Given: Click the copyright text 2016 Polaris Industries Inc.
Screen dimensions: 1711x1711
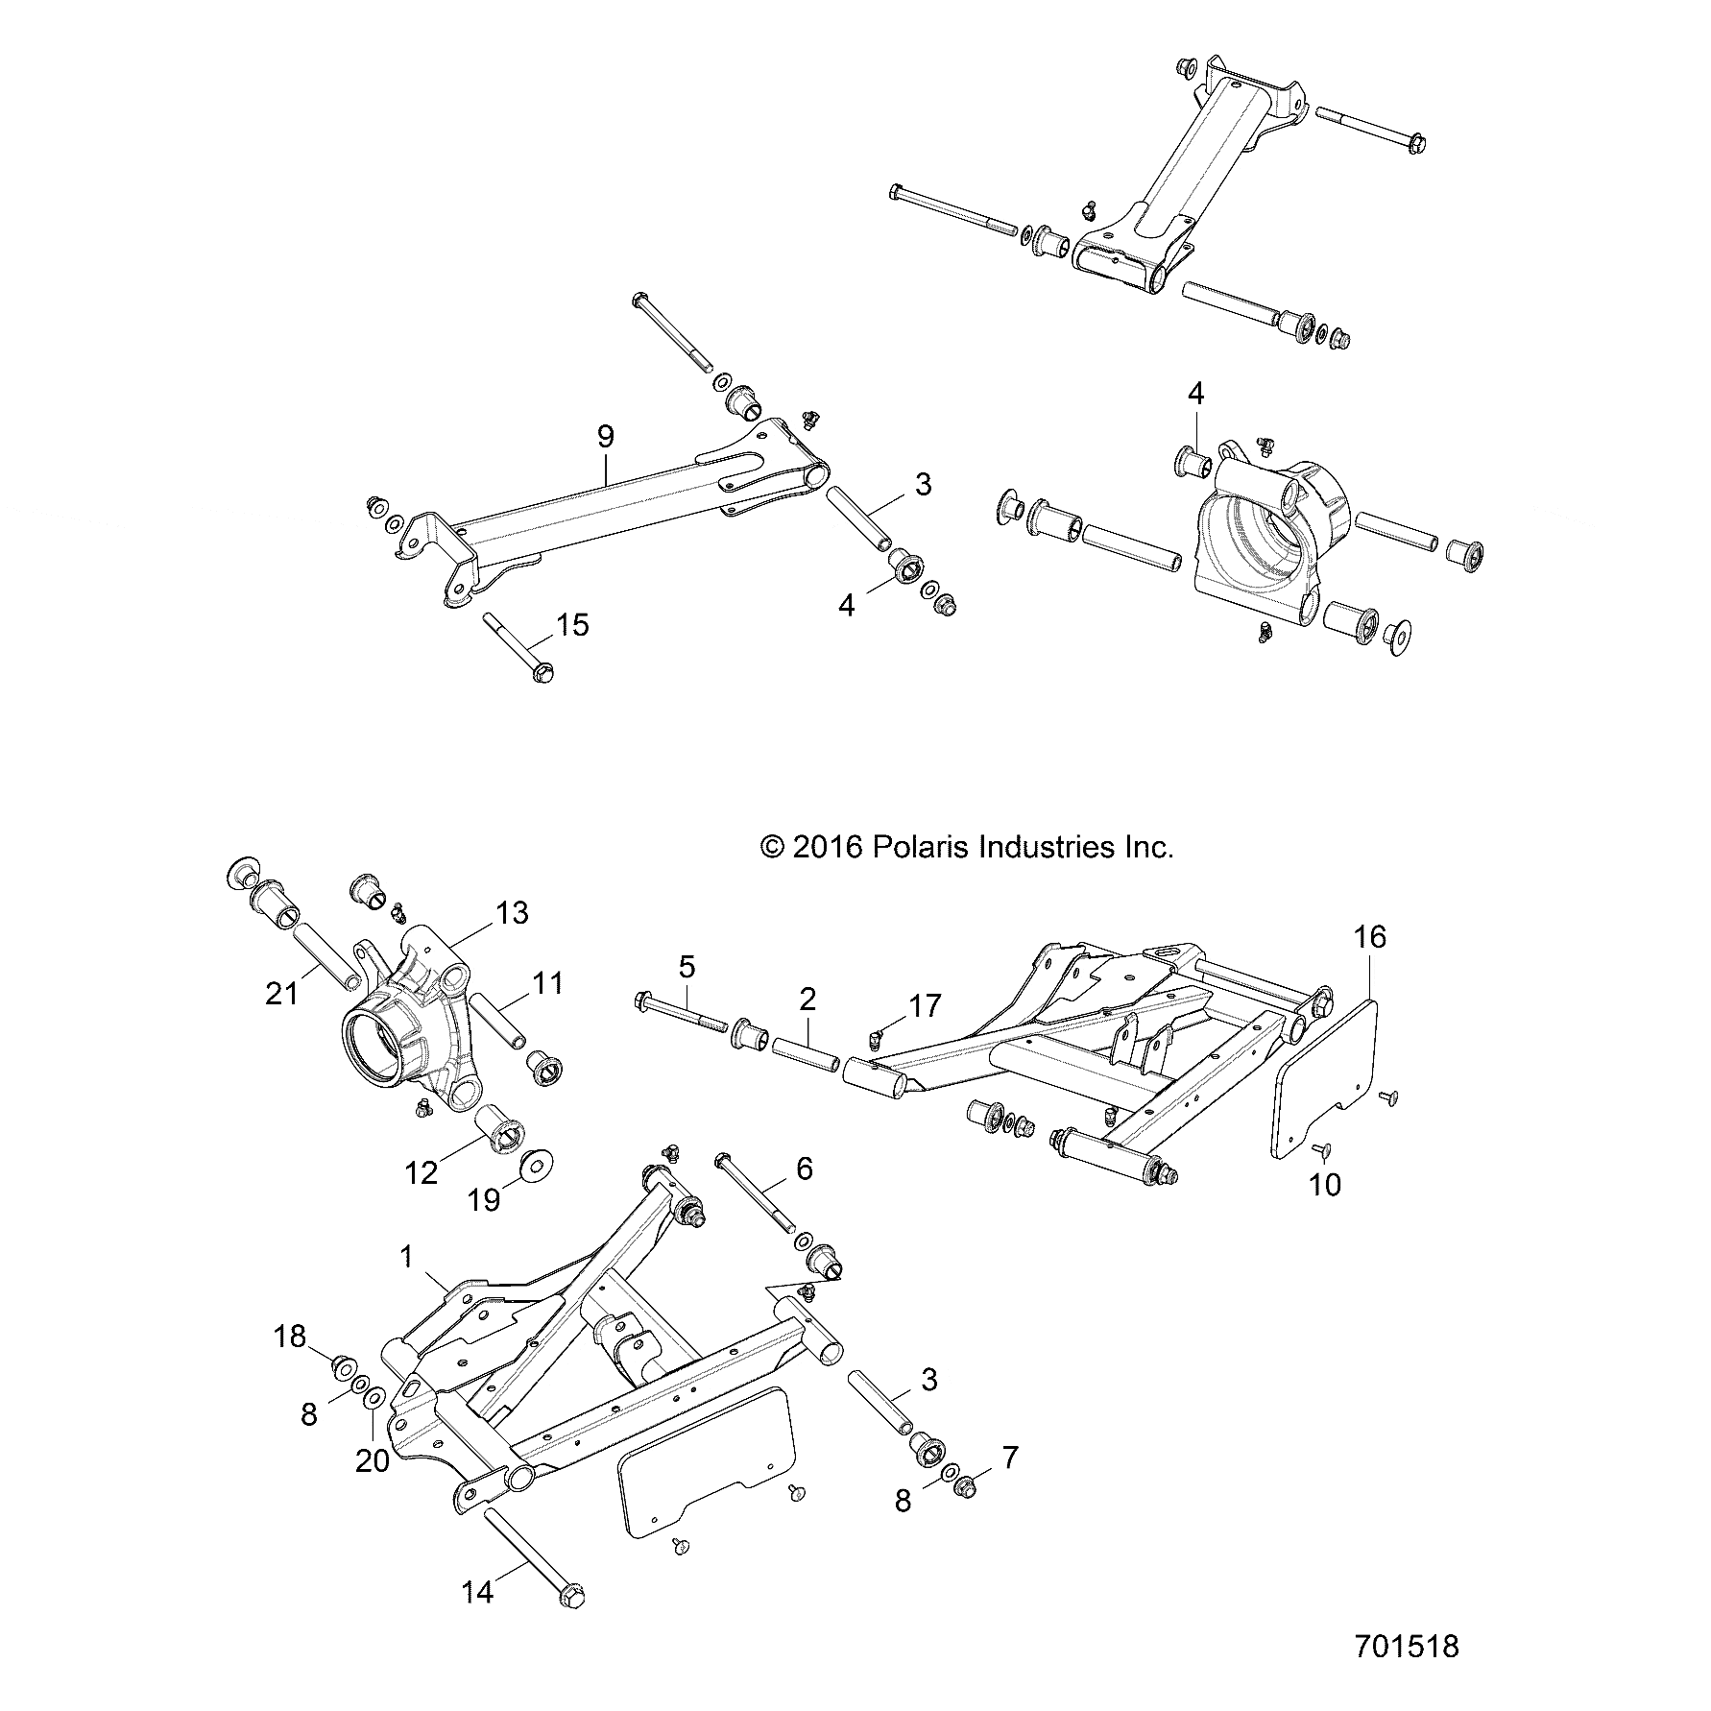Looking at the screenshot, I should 966,847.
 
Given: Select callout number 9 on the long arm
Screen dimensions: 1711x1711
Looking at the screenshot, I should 605,437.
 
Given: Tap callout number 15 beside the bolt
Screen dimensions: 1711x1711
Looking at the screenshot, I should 572,625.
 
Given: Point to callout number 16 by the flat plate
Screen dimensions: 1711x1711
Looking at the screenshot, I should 1370,936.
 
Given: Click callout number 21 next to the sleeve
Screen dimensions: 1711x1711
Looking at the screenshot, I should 282,995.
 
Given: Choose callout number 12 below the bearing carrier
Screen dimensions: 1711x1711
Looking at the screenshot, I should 422,1172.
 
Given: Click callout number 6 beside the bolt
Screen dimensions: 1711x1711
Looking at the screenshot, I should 804,1169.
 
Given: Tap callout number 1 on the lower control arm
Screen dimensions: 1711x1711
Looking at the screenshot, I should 407,1256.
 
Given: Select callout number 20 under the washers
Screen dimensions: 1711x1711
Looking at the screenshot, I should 373,1434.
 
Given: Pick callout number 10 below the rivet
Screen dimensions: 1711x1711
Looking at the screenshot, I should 1325,1185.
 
